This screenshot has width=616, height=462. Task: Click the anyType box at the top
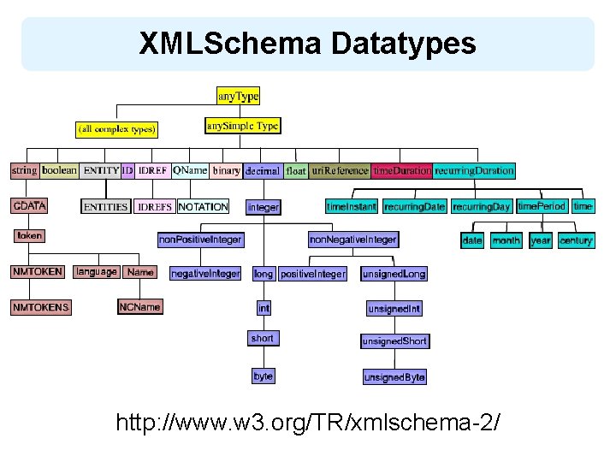click(238, 98)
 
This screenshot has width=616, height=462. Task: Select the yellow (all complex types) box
click(116, 129)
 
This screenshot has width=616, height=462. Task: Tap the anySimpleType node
click(243, 126)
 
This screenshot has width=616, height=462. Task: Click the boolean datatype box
click(59, 170)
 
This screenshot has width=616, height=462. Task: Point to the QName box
click(190, 170)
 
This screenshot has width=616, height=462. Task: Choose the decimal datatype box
click(263, 171)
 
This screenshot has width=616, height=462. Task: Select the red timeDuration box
click(401, 171)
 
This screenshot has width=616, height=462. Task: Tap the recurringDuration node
click(474, 171)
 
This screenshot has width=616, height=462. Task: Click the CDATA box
click(29, 206)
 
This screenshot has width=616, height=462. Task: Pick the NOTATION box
click(203, 207)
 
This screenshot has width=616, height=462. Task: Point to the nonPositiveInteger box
click(200, 240)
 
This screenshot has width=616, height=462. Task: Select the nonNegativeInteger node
click(352, 240)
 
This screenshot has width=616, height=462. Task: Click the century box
click(576, 241)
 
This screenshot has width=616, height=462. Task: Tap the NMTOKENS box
click(41, 307)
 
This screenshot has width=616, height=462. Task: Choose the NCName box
click(139, 306)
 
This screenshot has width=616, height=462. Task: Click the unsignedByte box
click(394, 377)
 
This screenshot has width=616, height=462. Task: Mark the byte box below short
click(263, 376)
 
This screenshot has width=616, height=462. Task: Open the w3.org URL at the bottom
click(307, 423)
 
